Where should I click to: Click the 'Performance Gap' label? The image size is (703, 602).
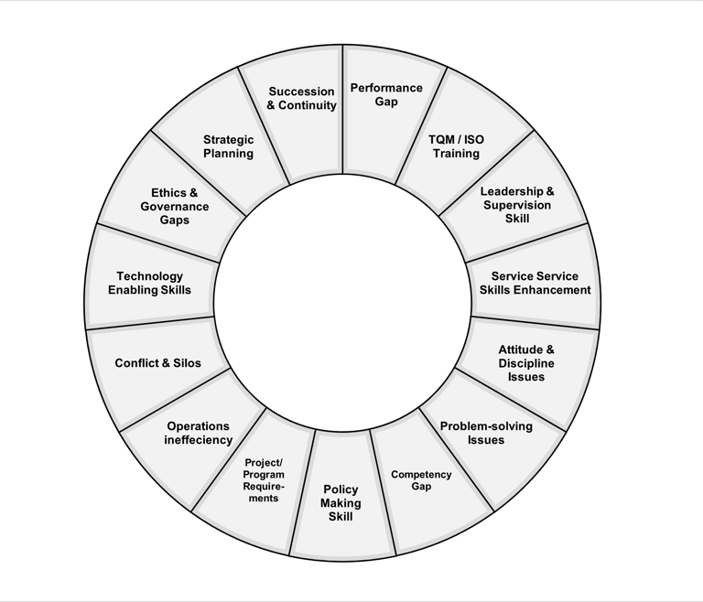tap(386, 95)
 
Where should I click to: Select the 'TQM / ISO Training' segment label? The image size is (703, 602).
tap(456, 146)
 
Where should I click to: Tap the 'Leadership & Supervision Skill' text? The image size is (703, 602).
tap(517, 205)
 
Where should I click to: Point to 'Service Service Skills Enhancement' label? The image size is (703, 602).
tap(535, 283)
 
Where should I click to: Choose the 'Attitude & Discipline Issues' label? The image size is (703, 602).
tap(526, 363)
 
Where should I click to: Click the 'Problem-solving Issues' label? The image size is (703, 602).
tap(486, 433)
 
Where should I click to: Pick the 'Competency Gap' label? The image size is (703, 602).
tap(421, 480)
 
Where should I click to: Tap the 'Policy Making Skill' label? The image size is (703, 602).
tap(341, 503)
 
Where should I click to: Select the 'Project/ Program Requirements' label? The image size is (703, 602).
tap(264, 480)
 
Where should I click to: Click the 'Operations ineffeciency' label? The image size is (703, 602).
tap(199, 433)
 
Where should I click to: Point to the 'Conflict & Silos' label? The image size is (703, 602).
tap(157, 363)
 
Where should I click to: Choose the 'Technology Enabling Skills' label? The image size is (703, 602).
tap(150, 283)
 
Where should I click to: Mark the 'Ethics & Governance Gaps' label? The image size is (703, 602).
tap(175, 207)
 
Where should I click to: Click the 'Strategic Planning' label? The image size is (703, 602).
tap(228, 146)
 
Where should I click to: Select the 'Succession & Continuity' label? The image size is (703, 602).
tap(302, 99)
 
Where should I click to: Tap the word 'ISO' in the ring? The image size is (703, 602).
tap(473, 140)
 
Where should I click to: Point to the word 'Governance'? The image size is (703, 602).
tap(175, 207)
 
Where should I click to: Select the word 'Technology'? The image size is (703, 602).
tap(150, 276)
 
